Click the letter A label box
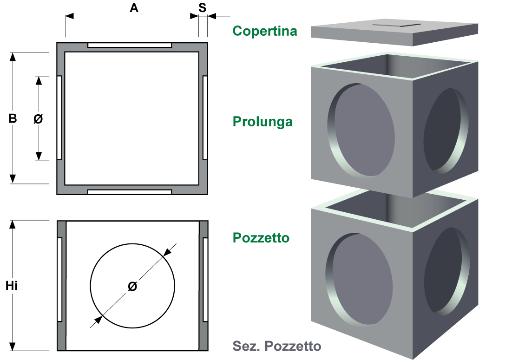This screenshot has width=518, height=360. click(134, 7)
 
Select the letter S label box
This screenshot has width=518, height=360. click(202, 7)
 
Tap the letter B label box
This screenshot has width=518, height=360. click(13, 118)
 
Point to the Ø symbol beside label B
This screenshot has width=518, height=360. click(38, 118)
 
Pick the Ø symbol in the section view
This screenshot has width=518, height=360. click(132, 287)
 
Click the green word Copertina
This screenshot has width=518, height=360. click(265, 31)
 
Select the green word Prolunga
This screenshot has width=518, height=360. click(262, 122)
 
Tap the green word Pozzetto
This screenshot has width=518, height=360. click(261, 238)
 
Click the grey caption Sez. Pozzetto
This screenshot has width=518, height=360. click(276, 346)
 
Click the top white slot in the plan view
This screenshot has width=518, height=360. click(130, 46)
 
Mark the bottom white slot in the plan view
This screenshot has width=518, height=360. click(130, 191)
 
